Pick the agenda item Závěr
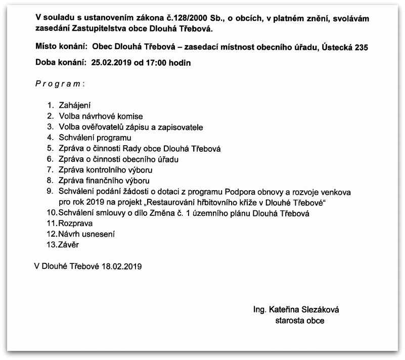[x=69, y=244]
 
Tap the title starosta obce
[x=300, y=320]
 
